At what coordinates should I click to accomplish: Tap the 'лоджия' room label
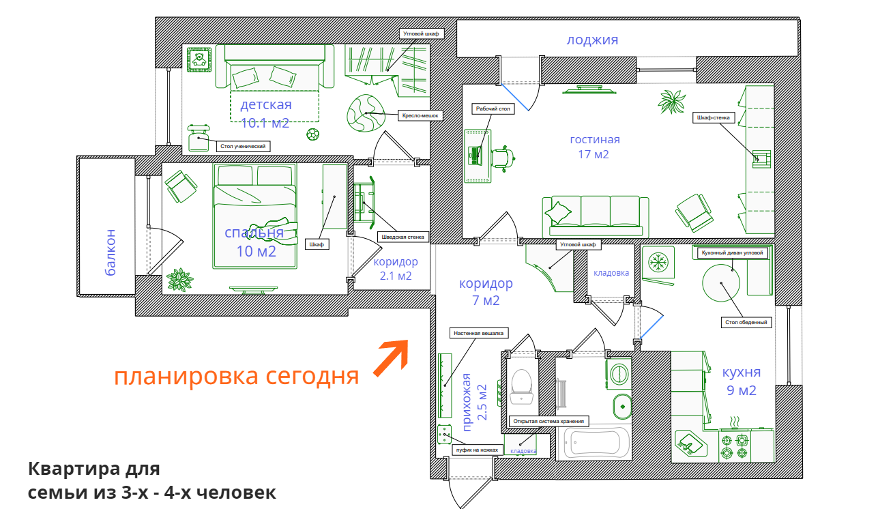click(592, 40)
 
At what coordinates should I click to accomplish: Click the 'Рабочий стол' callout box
click(493, 108)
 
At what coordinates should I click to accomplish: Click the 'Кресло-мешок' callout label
click(418, 116)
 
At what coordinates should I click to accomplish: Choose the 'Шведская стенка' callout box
click(402, 237)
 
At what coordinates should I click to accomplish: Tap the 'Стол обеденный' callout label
click(747, 322)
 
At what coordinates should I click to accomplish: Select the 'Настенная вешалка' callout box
click(478, 334)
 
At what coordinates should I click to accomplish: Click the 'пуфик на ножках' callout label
click(478, 450)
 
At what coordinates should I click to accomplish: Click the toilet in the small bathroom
click(522, 386)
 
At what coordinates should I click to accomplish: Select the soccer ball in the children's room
click(312, 134)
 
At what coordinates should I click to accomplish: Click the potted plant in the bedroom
click(179, 279)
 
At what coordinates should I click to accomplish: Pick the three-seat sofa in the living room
click(596, 213)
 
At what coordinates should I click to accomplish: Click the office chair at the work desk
click(503, 158)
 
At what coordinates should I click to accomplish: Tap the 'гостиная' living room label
click(595, 139)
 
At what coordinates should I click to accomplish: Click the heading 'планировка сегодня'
click(236, 376)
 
